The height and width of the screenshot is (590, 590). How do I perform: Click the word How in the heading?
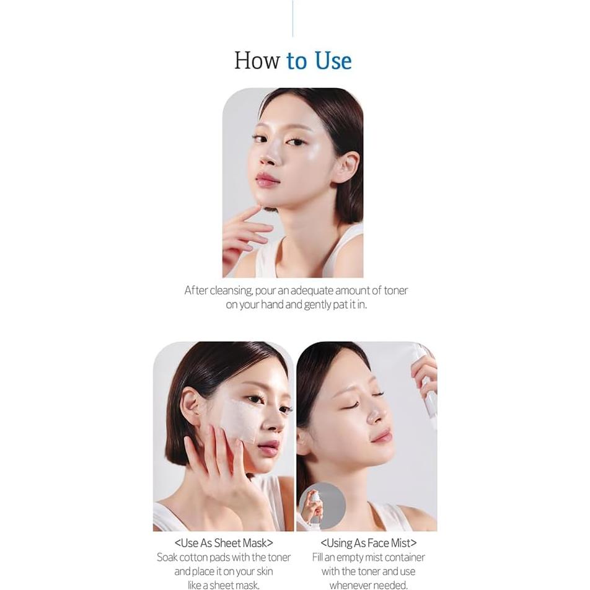(257, 61)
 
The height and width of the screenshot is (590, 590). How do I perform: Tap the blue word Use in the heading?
(333, 61)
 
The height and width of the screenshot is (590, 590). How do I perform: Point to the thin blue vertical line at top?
(293, 19)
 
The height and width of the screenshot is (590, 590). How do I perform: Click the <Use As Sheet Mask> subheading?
(224, 544)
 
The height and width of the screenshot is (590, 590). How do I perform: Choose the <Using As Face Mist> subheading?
(368, 544)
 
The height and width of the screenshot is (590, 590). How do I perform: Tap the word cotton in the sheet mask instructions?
(193, 558)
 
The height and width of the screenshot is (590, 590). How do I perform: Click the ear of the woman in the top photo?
(346, 165)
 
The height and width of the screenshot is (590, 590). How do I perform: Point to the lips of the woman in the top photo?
(267, 180)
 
